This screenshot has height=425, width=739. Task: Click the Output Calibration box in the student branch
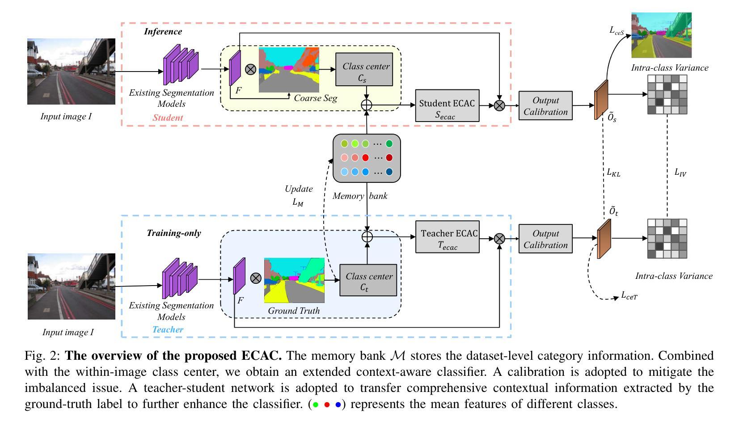(x=545, y=105)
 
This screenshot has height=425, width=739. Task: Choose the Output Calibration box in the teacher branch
(x=545, y=239)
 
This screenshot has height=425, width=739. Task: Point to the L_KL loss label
(x=613, y=172)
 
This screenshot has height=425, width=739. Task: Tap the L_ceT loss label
(x=629, y=295)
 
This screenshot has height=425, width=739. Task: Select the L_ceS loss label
(x=617, y=30)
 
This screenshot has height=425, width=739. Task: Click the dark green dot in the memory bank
(x=389, y=144)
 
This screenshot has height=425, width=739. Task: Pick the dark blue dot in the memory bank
(x=389, y=172)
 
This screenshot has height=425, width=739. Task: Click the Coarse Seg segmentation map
(x=289, y=70)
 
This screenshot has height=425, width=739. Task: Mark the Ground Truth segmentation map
(x=294, y=280)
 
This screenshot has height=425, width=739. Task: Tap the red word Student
(x=168, y=118)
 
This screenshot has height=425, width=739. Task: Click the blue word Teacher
(x=168, y=329)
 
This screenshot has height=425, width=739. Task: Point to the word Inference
(x=163, y=31)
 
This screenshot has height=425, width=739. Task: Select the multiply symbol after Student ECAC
(x=499, y=105)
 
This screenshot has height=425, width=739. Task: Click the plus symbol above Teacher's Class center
(x=367, y=236)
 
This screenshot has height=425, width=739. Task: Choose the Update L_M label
(x=298, y=195)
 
